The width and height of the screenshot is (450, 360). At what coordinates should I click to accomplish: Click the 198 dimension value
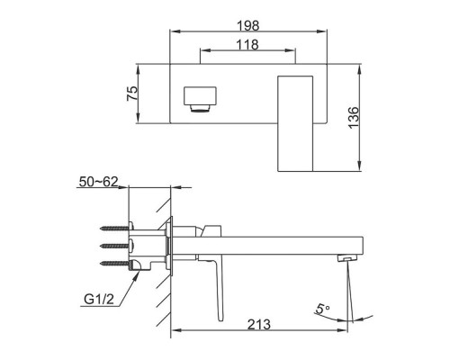tap(248, 26)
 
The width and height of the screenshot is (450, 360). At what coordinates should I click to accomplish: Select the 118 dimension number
tap(247, 45)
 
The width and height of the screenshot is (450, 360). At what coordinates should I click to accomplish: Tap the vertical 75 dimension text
tap(132, 94)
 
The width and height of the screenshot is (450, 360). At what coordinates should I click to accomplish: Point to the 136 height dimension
tap(354, 117)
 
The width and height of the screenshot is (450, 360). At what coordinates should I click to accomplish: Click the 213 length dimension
tap(259, 324)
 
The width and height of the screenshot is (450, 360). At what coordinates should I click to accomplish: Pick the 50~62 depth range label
tap(98, 182)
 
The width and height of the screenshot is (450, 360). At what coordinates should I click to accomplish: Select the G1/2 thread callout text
tap(99, 299)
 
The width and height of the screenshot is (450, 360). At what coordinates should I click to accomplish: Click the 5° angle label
tap(322, 309)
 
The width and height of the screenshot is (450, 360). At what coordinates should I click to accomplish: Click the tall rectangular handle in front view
tap(295, 123)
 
